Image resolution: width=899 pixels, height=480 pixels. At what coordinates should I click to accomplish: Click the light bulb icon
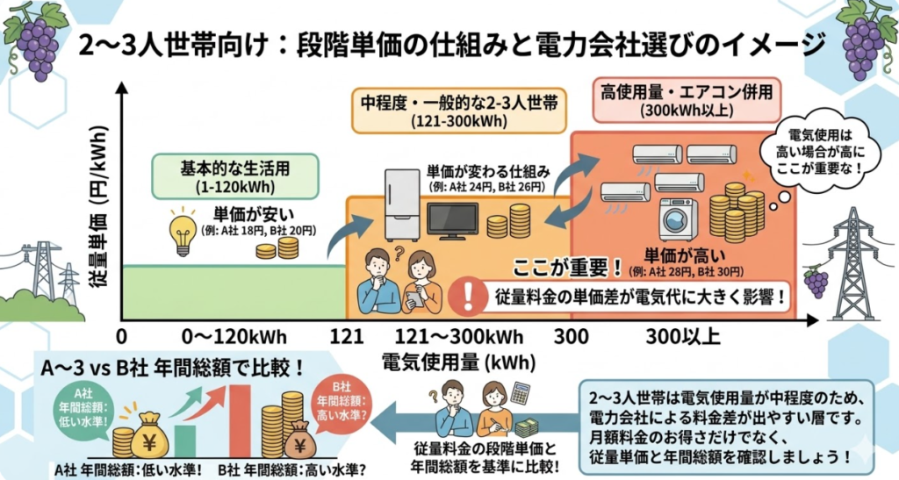[x=183, y=231]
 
